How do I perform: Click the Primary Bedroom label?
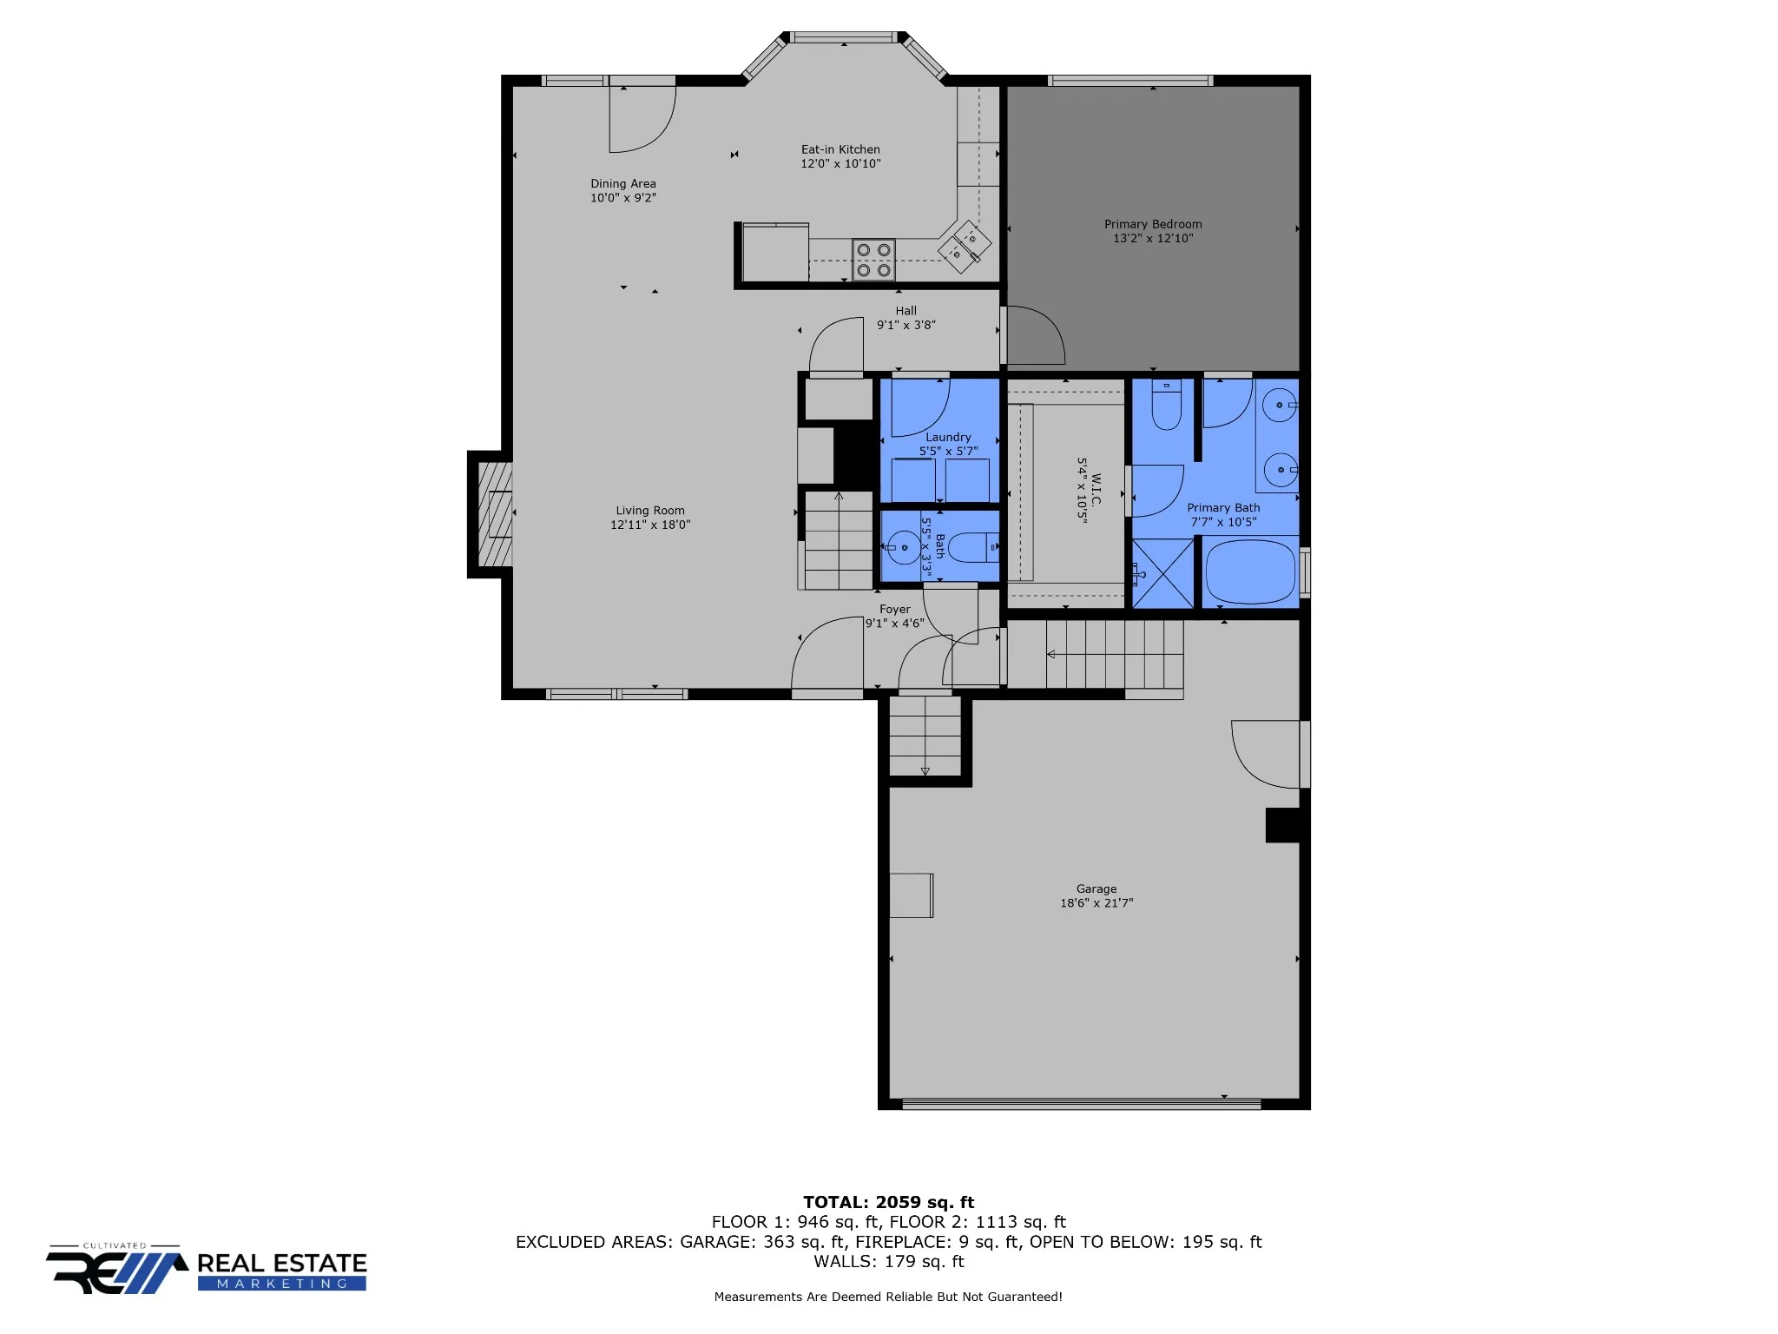(1153, 224)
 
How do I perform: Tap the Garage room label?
(1096, 888)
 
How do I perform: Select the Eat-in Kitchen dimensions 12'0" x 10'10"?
(840, 163)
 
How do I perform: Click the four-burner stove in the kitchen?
(873, 260)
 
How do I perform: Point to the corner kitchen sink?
(964, 246)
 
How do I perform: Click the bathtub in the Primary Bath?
(1250, 571)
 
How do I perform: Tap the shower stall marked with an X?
(1163, 573)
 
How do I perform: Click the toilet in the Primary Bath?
(1167, 405)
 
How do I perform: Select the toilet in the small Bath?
(973, 547)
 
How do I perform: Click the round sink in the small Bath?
(903, 547)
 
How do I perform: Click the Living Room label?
(650, 511)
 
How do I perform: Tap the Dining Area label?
(623, 183)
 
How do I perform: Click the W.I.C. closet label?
(1096, 490)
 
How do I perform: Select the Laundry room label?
(948, 437)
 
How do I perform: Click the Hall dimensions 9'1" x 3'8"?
(906, 325)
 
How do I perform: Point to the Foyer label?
(895, 609)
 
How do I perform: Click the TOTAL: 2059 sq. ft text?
(888, 1202)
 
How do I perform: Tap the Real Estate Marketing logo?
(207, 1270)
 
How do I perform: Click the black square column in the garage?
(1282, 825)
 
